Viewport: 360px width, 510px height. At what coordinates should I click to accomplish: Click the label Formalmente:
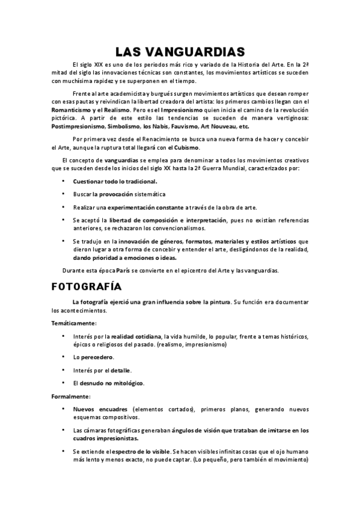click(x=71, y=396)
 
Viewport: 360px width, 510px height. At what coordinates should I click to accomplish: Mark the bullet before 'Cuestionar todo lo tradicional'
click(x=63, y=181)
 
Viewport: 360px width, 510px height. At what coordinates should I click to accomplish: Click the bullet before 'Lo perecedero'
click(x=63, y=357)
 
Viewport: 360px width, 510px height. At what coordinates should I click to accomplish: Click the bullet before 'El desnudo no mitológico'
click(x=63, y=382)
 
